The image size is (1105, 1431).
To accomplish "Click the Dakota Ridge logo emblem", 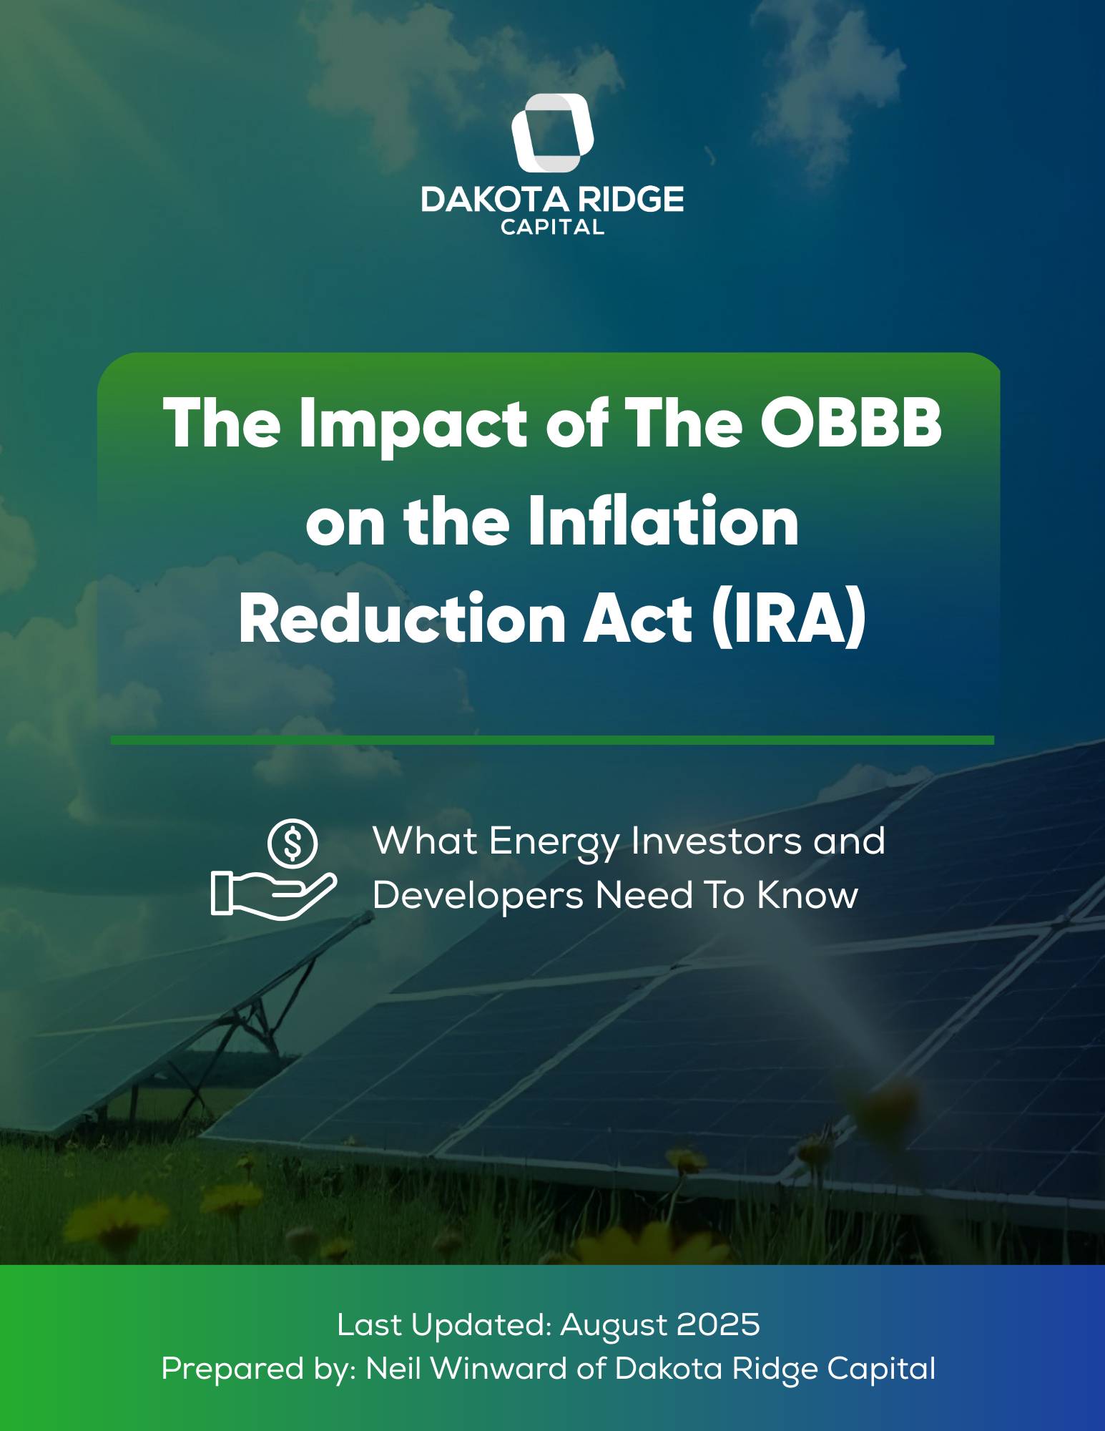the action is (553, 133).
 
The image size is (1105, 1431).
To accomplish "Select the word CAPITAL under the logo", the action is (552, 228).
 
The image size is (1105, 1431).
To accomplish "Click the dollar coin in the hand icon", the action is (293, 843).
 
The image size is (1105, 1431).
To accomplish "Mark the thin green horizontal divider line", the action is (552, 740).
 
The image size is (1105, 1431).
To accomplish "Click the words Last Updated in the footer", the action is (444, 1325).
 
